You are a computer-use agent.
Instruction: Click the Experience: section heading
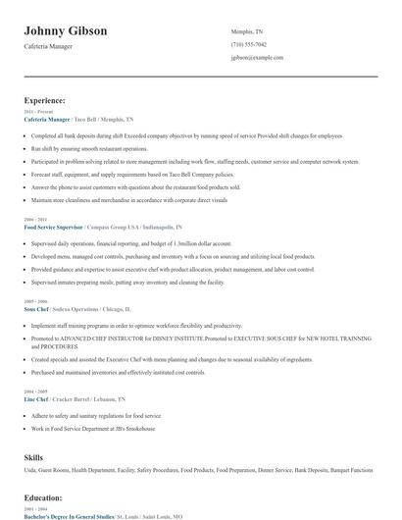(45, 100)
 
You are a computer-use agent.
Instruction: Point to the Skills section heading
(35, 457)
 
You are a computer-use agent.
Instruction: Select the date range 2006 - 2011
(34, 220)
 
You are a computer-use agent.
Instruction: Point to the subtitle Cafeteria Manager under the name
(50, 47)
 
